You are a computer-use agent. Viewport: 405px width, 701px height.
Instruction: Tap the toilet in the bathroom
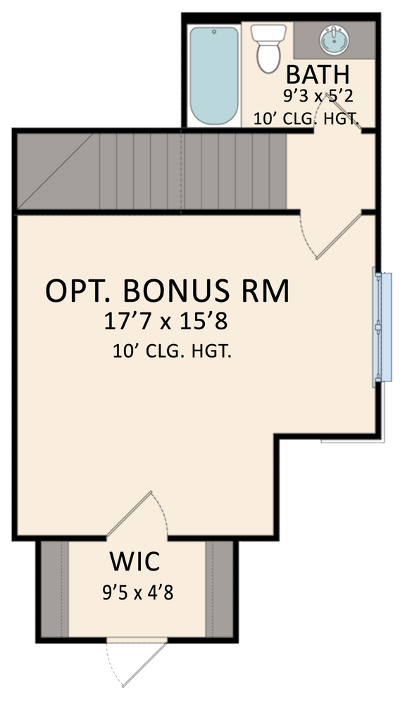(x=270, y=47)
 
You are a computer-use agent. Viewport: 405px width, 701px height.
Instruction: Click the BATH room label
(x=318, y=74)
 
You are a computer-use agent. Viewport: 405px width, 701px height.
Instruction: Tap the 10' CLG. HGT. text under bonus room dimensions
(x=172, y=351)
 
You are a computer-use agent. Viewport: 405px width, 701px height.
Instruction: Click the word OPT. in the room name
(x=77, y=291)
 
